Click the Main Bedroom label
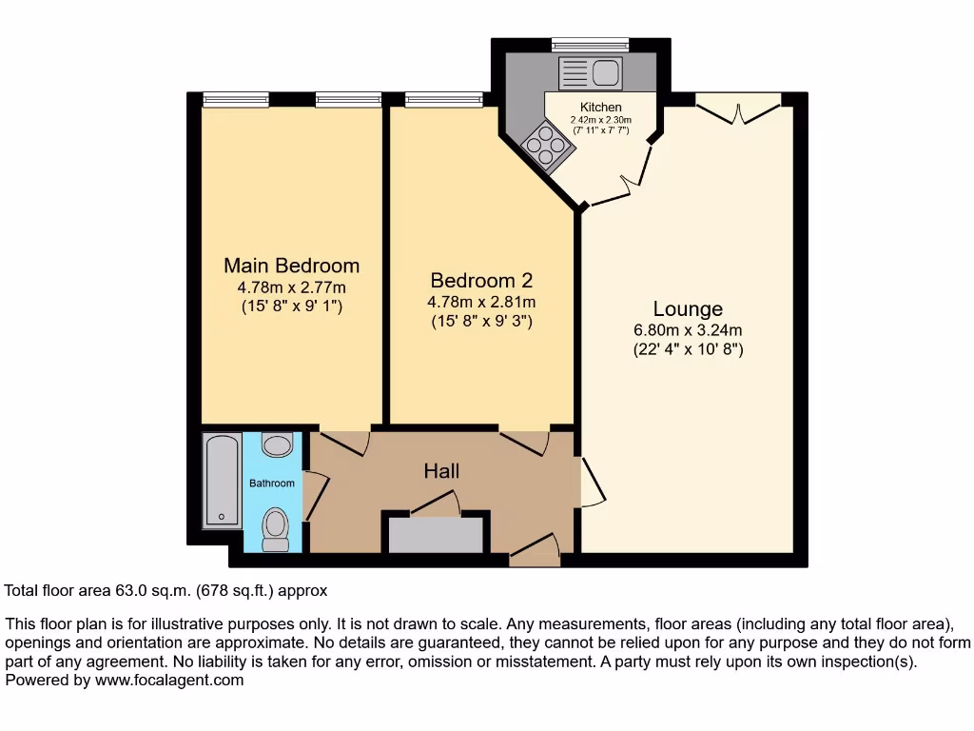coord(291,266)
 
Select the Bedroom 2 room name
coord(481,281)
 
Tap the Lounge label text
coord(688,309)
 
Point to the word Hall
coord(441,471)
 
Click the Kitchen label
coord(601,108)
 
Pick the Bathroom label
coord(272,484)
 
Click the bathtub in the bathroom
coord(223,480)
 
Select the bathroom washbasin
coord(277,445)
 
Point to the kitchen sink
coord(591,71)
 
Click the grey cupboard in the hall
coord(437,535)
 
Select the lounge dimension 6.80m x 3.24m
coord(688,330)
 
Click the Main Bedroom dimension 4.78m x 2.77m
coord(291,286)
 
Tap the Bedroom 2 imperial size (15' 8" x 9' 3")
coord(481,321)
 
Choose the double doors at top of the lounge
coord(738,107)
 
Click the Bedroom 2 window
coord(443,98)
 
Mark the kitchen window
coord(590,43)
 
